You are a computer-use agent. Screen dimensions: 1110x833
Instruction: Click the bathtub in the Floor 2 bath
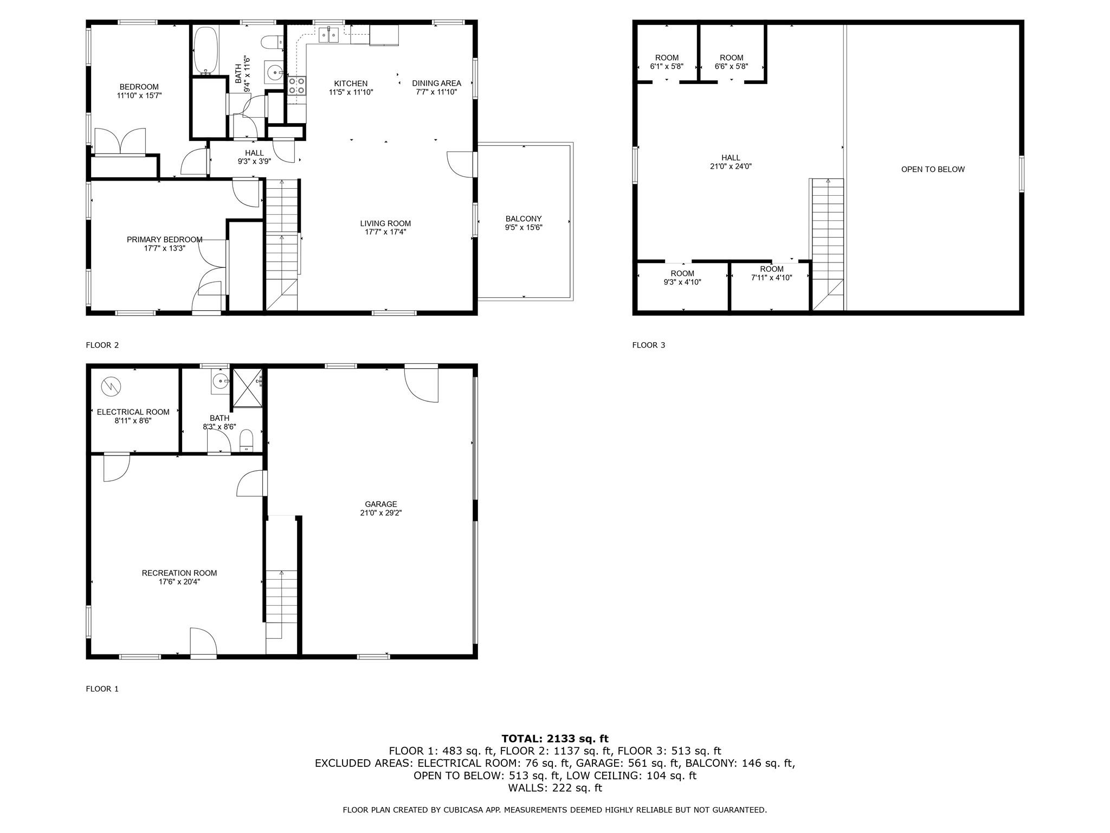click(x=206, y=50)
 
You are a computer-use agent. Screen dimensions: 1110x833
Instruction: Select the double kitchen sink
click(x=328, y=35)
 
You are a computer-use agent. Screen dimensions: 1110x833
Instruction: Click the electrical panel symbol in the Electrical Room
click(x=111, y=386)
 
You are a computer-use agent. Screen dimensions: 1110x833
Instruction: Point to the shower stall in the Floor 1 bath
click(x=247, y=387)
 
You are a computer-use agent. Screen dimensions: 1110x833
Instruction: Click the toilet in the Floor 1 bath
click(x=246, y=440)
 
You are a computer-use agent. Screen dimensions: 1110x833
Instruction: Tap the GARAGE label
click(x=381, y=504)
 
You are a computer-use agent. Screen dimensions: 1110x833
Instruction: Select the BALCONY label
click(x=524, y=219)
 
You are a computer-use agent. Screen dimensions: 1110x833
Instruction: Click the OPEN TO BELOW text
click(x=933, y=169)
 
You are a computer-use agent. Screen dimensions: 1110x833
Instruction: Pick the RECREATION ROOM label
click(x=179, y=573)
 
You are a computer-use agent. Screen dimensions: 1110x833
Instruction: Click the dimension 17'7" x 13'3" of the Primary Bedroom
click(x=165, y=248)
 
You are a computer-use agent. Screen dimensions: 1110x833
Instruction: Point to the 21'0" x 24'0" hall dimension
click(x=731, y=166)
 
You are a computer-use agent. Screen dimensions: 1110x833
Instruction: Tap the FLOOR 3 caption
click(x=648, y=345)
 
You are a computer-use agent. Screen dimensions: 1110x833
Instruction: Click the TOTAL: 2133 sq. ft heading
click(x=555, y=738)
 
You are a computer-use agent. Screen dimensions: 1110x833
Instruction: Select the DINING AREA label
click(x=436, y=83)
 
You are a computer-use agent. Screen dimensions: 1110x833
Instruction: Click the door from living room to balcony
click(x=461, y=164)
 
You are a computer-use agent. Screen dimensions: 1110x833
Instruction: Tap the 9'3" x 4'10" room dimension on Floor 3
click(x=682, y=282)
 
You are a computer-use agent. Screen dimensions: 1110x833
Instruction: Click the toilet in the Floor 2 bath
click(x=272, y=41)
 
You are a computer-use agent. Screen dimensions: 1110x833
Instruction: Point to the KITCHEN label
click(x=351, y=84)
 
